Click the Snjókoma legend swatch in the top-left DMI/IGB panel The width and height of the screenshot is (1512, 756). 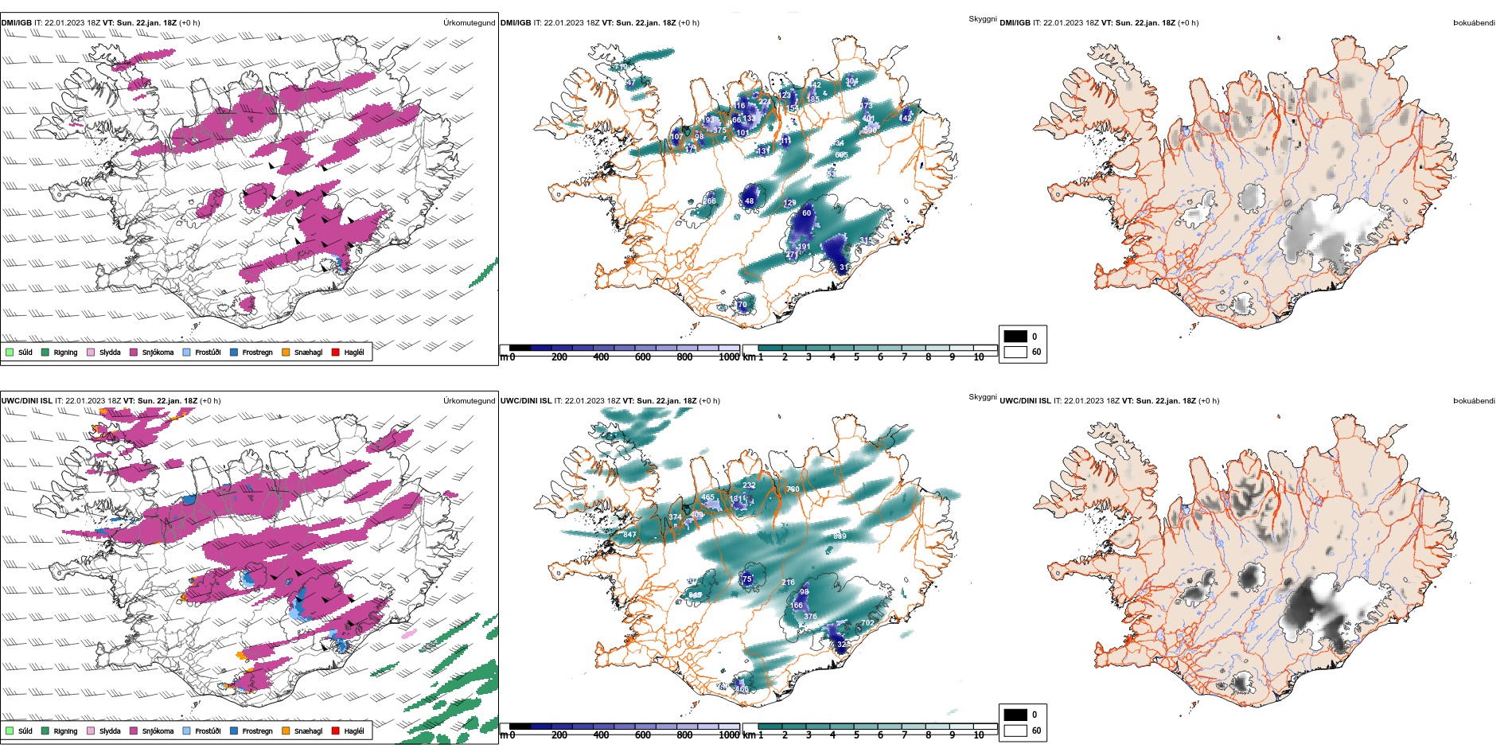click(x=134, y=352)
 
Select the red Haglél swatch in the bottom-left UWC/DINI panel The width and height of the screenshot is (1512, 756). click(x=336, y=731)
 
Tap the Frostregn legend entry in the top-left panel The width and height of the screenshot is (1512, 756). click(x=234, y=352)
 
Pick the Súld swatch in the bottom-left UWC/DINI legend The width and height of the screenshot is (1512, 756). click(x=10, y=731)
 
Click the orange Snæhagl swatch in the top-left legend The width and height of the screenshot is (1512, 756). click(x=286, y=352)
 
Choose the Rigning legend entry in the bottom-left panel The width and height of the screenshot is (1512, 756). click(x=45, y=731)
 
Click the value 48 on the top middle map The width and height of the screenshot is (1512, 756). click(x=749, y=201)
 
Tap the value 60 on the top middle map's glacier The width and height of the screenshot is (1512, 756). click(x=806, y=213)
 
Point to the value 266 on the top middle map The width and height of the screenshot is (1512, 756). click(x=709, y=201)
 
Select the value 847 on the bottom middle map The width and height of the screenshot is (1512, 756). click(x=629, y=535)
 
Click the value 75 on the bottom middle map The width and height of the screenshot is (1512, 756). click(x=746, y=579)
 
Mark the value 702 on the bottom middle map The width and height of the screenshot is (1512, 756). click(x=867, y=623)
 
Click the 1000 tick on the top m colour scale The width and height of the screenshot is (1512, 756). click(x=729, y=357)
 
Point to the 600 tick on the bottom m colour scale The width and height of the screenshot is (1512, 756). click(x=643, y=735)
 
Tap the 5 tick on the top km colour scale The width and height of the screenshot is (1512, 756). click(x=856, y=357)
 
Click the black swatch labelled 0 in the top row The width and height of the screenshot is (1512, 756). click(x=1015, y=337)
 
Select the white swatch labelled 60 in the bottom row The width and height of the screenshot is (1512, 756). click(x=1015, y=731)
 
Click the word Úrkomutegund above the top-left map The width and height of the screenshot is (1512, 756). click(x=469, y=23)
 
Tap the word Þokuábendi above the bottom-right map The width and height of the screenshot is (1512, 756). click(x=1474, y=401)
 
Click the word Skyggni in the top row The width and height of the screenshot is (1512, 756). click(x=982, y=19)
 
